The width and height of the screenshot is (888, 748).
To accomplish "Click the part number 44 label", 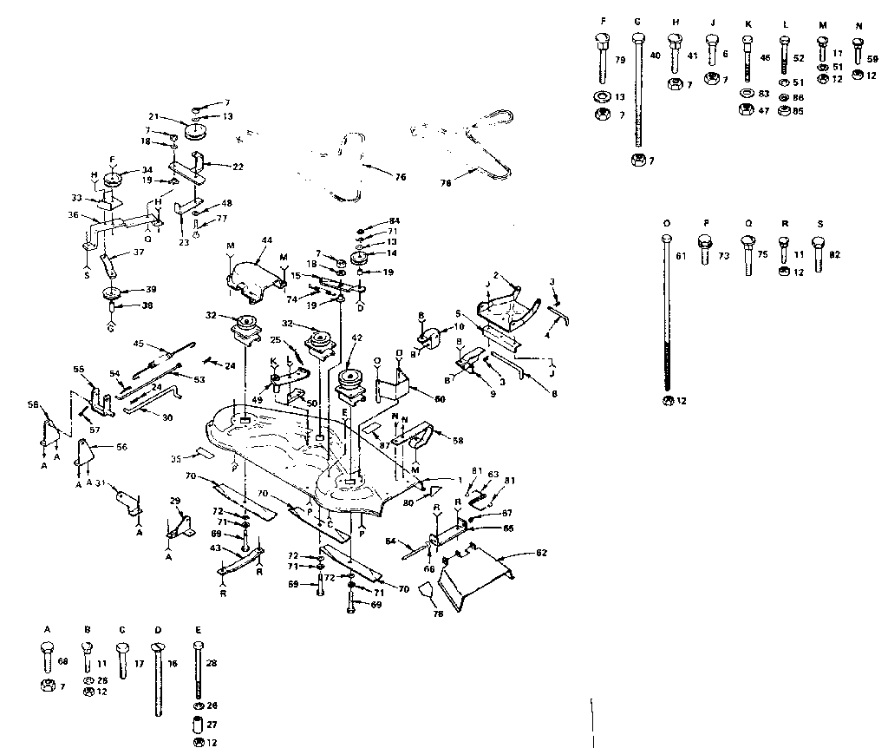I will [x=265, y=240].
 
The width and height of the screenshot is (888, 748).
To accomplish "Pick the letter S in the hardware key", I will [x=819, y=224].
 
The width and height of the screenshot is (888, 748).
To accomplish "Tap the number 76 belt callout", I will [x=399, y=177].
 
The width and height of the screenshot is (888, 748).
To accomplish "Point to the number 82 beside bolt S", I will [x=836, y=255].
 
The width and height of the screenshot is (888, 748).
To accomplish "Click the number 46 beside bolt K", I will [x=765, y=59].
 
